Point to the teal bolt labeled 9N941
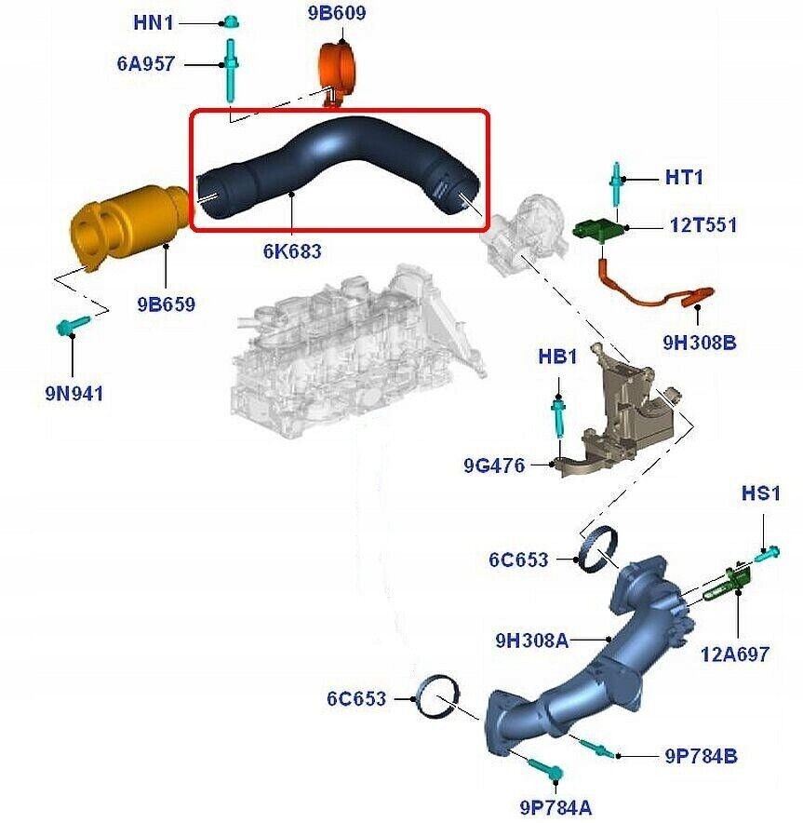(x=71, y=325)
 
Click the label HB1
(x=557, y=357)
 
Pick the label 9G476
(x=494, y=465)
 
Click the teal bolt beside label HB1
(x=558, y=414)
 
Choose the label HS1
(x=760, y=492)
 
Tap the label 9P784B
(x=701, y=756)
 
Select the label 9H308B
(x=700, y=343)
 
